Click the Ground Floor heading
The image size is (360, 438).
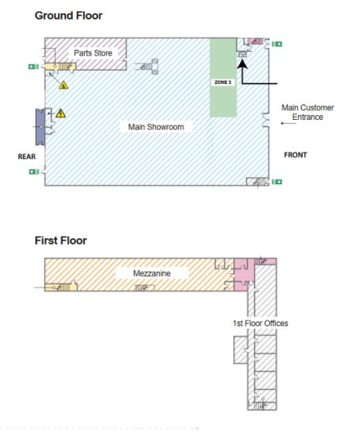pos(69,15)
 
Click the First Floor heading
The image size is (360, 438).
pos(60,241)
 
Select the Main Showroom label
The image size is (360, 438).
pos(156,126)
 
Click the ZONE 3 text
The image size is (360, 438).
pos(223,83)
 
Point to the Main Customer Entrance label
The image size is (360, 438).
pos(307,112)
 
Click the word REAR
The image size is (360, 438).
pos(26,157)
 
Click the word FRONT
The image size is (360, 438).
pos(296,155)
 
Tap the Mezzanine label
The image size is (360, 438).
pos(152,273)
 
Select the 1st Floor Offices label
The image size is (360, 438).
pos(260,323)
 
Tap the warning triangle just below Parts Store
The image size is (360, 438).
pos(64,84)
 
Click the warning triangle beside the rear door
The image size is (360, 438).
pos(60,113)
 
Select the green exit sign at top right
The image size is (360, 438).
pos(278,43)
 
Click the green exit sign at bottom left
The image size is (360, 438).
pos(33,171)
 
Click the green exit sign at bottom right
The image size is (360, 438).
pos(278,181)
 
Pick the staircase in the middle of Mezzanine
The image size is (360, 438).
pos(141,286)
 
